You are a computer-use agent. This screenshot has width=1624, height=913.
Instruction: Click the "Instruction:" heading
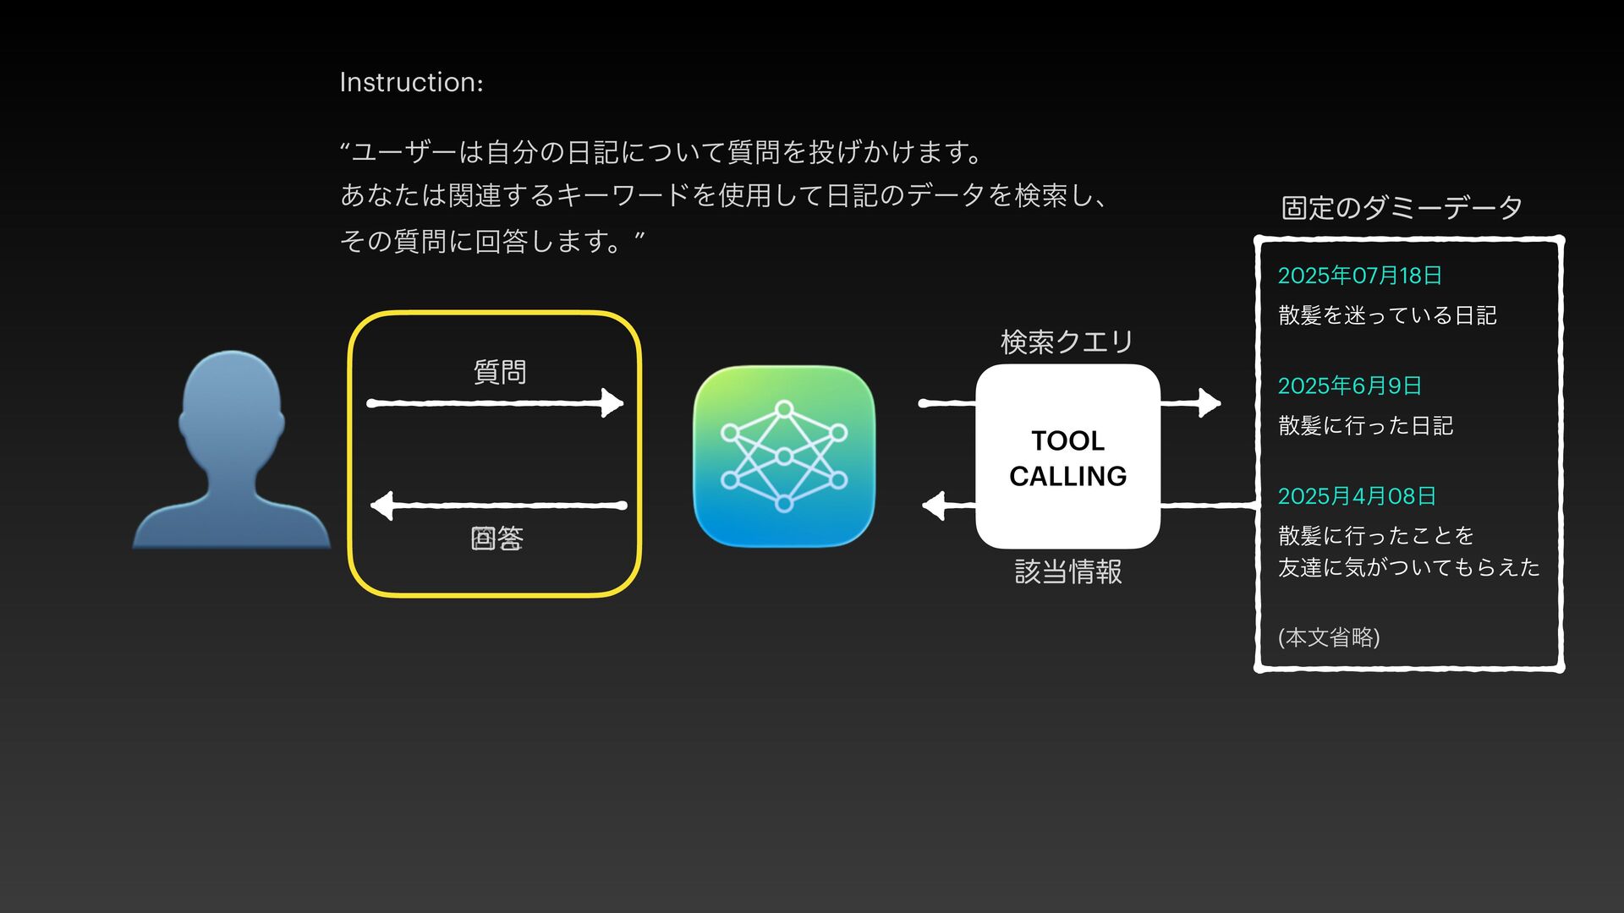tap(411, 82)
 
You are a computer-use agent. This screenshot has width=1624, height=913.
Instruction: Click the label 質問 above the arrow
tap(499, 372)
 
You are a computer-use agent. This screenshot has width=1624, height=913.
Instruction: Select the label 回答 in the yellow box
tap(497, 539)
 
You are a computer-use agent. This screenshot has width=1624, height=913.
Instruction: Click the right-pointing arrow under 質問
tap(496, 403)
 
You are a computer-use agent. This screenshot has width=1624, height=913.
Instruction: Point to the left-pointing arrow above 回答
tap(499, 506)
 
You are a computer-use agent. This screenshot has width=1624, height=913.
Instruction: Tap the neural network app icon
tap(783, 456)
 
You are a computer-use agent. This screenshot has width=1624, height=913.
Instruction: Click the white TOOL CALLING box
tap(1067, 457)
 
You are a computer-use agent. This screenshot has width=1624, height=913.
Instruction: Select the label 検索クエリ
tap(1067, 342)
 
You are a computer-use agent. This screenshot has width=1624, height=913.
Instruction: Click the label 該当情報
tap(1068, 571)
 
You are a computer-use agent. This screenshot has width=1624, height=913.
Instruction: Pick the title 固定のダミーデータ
tap(1402, 207)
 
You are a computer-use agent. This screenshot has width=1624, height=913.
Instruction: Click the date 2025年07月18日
tap(1359, 276)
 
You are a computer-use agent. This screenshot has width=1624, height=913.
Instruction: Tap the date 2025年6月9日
tap(1349, 386)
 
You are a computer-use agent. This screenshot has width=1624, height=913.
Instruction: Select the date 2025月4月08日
tap(1357, 496)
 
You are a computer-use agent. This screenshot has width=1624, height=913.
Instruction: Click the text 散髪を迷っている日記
tap(1387, 315)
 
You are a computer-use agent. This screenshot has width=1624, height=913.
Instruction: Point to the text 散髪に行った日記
tap(1365, 425)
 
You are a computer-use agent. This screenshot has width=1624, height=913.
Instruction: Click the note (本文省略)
tap(1329, 637)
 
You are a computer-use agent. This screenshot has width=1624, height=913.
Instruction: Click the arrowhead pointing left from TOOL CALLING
tap(934, 506)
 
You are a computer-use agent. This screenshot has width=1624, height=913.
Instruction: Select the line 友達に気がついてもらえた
tap(1408, 567)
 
